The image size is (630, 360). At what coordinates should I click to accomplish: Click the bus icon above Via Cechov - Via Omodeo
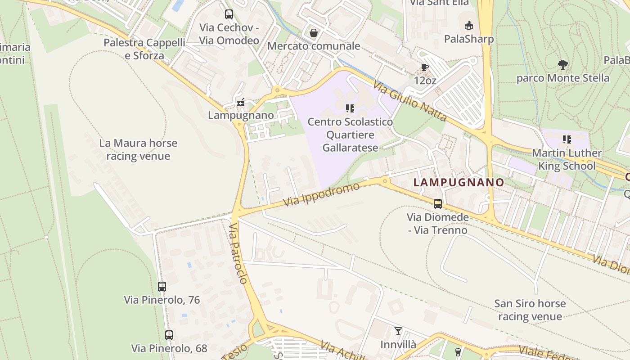coord(229,14)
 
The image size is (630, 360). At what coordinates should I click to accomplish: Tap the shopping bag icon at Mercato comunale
coord(314,33)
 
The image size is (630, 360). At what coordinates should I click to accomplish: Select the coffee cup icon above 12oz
coord(424,67)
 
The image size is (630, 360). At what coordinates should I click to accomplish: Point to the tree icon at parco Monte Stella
coord(562,64)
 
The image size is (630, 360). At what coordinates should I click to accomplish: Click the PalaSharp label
coord(469,39)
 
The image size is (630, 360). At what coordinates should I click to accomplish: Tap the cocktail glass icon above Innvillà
coord(398,331)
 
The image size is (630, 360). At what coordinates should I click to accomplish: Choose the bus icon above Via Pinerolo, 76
coord(162,286)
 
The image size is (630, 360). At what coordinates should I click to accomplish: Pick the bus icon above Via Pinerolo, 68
coord(169,335)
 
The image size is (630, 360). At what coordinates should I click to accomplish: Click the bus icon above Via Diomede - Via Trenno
coord(438,204)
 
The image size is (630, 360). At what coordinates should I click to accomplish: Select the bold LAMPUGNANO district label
coord(459,182)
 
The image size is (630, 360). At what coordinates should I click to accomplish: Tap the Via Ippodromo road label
coord(322,194)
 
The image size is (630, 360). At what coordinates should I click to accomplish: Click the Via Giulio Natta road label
coord(410,100)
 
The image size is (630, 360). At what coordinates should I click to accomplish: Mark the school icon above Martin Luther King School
coord(567,139)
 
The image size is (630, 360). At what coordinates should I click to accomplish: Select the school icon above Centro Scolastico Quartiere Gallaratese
coord(350,108)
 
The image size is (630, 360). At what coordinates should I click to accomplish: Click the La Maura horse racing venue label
coord(138,150)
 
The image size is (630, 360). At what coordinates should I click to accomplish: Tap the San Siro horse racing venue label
coord(530,310)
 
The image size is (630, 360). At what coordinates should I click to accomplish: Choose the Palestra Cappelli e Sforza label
coord(144,49)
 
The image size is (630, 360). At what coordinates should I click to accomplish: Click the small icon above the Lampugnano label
coord(241,103)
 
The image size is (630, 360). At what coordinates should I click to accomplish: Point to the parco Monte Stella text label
coord(562,78)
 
